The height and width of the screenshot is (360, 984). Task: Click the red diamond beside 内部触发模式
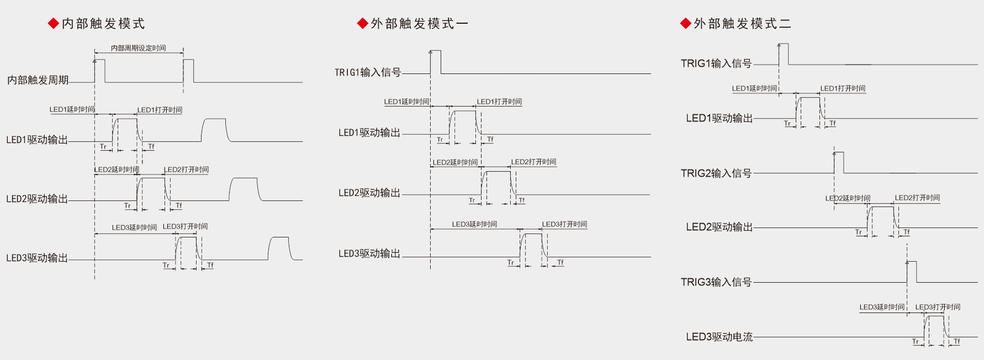click(54, 24)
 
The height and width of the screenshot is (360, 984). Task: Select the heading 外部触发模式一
click(419, 24)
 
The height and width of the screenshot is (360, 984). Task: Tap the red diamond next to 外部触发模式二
click(686, 24)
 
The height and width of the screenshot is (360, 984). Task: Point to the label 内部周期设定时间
click(138, 48)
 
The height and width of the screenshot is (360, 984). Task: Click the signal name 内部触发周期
click(38, 80)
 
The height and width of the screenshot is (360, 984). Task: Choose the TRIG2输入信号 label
click(716, 173)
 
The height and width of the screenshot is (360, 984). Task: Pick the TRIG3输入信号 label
click(716, 282)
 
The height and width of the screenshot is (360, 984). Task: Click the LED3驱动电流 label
click(719, 337)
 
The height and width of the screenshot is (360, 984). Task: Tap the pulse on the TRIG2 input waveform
click(839, 162)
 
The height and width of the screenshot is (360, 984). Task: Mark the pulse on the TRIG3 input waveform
click(912, 272)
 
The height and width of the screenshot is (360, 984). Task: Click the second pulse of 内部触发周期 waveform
click(188, 71)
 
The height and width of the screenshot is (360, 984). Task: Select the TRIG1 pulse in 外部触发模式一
click(436, 62)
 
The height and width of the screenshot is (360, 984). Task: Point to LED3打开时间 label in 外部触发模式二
click(938, 307)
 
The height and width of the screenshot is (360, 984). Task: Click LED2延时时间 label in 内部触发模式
click(117, 170)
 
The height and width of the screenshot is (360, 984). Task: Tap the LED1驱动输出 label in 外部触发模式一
click(369, 133)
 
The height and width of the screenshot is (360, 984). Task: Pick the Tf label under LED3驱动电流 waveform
click(957, 341)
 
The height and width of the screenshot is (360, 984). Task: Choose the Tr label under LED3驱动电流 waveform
click(916, 341)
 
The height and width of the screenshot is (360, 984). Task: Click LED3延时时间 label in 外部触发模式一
click(474, 224)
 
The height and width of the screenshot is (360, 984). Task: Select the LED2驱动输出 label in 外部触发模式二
click(719, 227)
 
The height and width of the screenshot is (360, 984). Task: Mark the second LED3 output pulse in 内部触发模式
click(279, 248)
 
